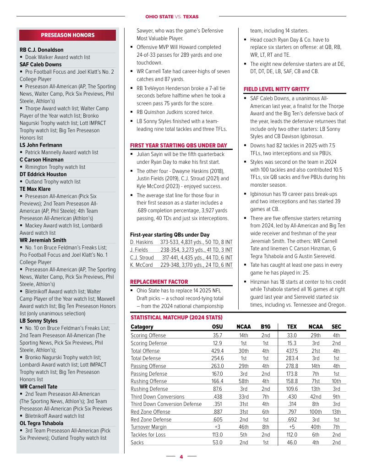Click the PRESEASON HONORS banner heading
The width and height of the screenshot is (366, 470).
(68, 35)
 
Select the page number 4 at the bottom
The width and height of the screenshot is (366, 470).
(181, 457)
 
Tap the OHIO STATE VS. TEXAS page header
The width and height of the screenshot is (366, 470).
(172, 16)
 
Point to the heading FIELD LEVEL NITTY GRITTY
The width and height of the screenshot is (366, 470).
(270, 89)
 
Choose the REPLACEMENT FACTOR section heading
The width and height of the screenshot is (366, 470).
(159, 281)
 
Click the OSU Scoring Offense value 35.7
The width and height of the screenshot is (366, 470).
(217, 335)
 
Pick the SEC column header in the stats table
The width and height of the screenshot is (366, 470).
(336, 327)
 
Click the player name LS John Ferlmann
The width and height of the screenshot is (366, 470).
(41, 145)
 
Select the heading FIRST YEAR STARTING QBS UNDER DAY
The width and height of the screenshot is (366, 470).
(179, 145)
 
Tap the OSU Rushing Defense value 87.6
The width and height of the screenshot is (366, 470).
(217, 389)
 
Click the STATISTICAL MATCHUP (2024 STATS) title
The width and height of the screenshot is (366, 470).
(177, 317)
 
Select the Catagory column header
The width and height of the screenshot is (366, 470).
(142, 327)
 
